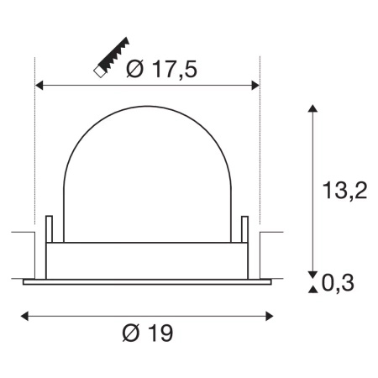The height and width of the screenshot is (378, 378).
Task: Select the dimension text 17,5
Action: [x=175, y=71]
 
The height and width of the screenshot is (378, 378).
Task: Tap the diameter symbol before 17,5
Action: [x=135, y=71]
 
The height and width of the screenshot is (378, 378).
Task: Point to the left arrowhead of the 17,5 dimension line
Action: [x=39, y=85]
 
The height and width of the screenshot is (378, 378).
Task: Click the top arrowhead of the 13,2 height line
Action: [x=313, y=108]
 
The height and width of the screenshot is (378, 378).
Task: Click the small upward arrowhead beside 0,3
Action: [x=313, y=290]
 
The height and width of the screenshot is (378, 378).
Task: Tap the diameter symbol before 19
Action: [x=132, y=333]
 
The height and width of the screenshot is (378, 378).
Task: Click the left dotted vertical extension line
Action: [x=34, y=151]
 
